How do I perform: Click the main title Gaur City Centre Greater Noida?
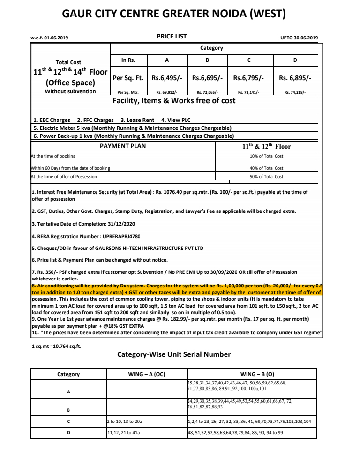pos(173,14)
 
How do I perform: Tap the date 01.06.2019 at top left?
pos(56,38)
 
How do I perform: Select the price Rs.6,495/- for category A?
pos(167,78)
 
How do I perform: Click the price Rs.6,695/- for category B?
pos(207,78)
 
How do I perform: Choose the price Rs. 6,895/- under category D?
pos(295,78)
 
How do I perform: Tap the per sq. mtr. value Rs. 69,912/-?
pos(167,93)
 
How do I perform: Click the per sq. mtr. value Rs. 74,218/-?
pos(295,93)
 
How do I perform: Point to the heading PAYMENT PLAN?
pos(123,146)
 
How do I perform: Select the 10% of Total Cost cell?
pos(266,156)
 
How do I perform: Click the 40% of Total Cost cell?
pos(266,168)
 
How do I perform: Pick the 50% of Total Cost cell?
pos(266,177)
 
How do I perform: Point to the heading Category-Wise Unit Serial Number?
pos(174,354)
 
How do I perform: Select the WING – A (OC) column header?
pos(147,374)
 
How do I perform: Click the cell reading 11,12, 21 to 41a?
pos(124,433)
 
